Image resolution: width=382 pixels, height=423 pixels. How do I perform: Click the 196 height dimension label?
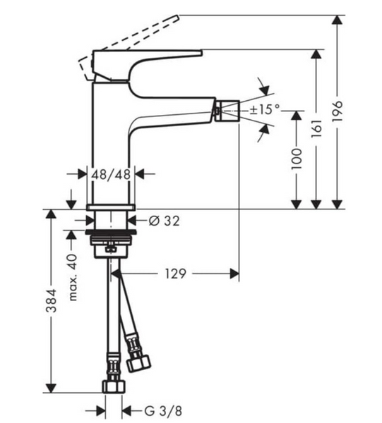click(338, 111)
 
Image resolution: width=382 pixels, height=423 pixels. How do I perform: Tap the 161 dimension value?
click(316, 128)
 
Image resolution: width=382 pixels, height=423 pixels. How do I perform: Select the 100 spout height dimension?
click(297, 159)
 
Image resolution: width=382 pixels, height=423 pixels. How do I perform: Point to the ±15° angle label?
click(265, 109)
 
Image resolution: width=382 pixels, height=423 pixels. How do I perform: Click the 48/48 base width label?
click(111, 175)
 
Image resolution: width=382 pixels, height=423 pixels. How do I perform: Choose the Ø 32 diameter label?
click(164, 221)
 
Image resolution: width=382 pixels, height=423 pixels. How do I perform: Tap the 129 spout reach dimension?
click(175, 274)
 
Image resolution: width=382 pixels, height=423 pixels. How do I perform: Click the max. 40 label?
click(73, 277)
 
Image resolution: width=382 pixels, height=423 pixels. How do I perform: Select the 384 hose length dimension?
click(51, 301)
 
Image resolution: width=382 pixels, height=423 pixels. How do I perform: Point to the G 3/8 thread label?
click(163, 411)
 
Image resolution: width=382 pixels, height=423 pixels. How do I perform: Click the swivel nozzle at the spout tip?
click(227, 111)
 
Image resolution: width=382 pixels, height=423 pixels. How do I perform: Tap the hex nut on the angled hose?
click(138, 364)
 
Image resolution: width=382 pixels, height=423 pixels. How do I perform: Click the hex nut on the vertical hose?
click(114, 386)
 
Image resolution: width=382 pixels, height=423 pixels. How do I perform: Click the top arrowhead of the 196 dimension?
click(337, 20)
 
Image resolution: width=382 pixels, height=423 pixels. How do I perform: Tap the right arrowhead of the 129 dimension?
click(234, 274)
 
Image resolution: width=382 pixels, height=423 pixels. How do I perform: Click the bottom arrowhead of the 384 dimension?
click(51, 388)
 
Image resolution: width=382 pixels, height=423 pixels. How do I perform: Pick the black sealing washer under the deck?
click(111, 232)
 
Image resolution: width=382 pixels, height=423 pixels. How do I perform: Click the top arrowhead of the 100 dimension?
click(297, 116)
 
